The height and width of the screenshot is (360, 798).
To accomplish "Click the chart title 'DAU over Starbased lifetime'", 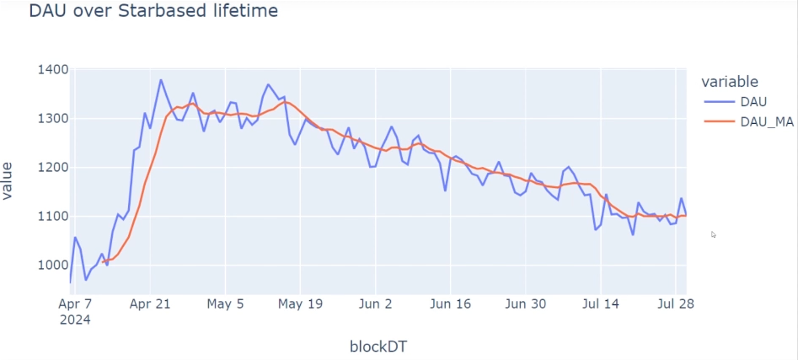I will pyautogui.click(x=153, y=12).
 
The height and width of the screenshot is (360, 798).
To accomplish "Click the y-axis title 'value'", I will pyautogui.click(x=8, y=180).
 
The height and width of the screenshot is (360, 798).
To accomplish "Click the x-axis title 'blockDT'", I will pyautogui.click(x=378, y=347).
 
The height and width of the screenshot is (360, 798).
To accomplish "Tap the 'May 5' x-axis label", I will pyautogui.click(x=225, y=304).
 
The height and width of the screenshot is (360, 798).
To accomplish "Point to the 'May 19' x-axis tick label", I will pyautogui.click(x=300, y=304).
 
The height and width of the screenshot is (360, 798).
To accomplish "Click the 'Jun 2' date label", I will pyautogui.click(x=375, y=304).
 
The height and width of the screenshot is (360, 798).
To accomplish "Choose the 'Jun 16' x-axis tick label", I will pyautogui.click(x=450, y=304).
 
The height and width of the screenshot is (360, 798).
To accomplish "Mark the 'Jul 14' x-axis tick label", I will pyautogui.click(x=600, y=304).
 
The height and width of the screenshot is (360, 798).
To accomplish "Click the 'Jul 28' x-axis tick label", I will pyautogui.click(x=673, y=304).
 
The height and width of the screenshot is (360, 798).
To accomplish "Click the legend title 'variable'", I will pyautogui.click(x=730, y=82).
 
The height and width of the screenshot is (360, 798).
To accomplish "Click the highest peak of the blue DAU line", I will pyautogui.click(x=161, y=80).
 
